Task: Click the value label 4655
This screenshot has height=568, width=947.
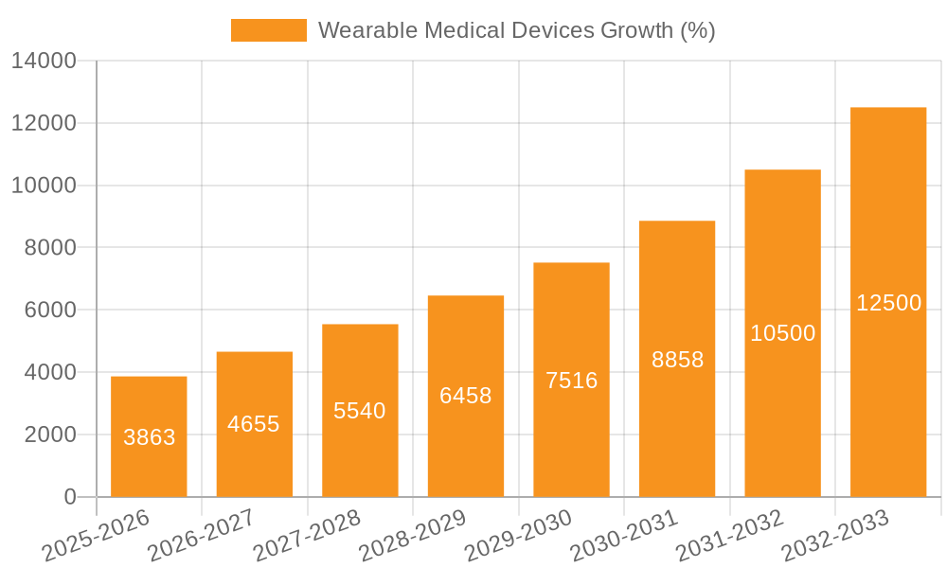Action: point(254,424)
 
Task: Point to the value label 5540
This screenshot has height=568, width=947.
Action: point(360,411)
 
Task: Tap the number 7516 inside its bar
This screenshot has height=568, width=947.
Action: point(571,381)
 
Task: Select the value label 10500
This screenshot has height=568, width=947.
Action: point(782,333)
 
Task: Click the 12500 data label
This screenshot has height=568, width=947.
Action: point(888,303)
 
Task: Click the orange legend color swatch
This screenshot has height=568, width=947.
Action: point(269,30)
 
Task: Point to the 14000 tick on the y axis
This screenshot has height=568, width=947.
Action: point(44,62)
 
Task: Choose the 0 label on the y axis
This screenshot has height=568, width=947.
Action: point(70,497)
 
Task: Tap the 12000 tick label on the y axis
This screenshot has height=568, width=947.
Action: point(44,123)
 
